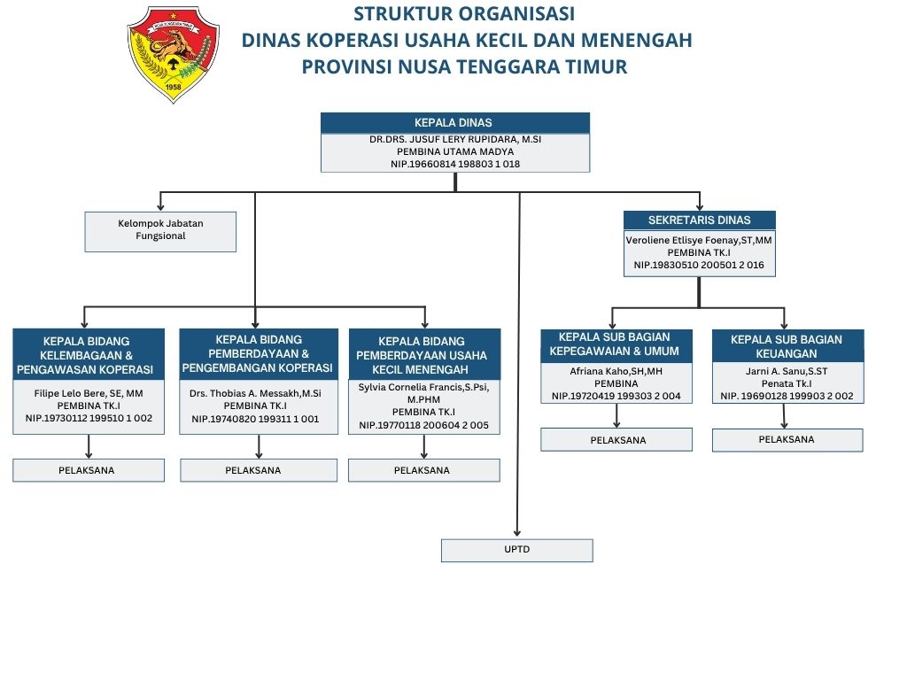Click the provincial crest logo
tap(173, 54)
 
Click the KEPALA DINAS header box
tap(454, 123)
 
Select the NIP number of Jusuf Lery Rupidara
tap(454, 164)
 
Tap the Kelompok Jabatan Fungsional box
tap(160, 230)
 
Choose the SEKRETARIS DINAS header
tap(699, 220)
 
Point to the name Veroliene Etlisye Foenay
tap(699, 239)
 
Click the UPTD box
tap(516, 550)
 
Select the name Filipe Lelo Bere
tap(89, 392)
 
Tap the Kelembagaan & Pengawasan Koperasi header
tap(89, 355)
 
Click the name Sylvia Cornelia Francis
tap(423, 388)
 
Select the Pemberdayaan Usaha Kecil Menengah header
tap(423, 355)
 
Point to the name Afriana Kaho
tap(616, 371)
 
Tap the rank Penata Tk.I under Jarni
tap(787, 383)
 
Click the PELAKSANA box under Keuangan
tap(787, 439)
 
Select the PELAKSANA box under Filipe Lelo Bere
tap(89, 470)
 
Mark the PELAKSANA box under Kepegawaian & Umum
tap(616, 439)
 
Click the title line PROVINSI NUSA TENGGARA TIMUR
tap(464, 66)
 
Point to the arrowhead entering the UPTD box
tap(516, 534)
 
